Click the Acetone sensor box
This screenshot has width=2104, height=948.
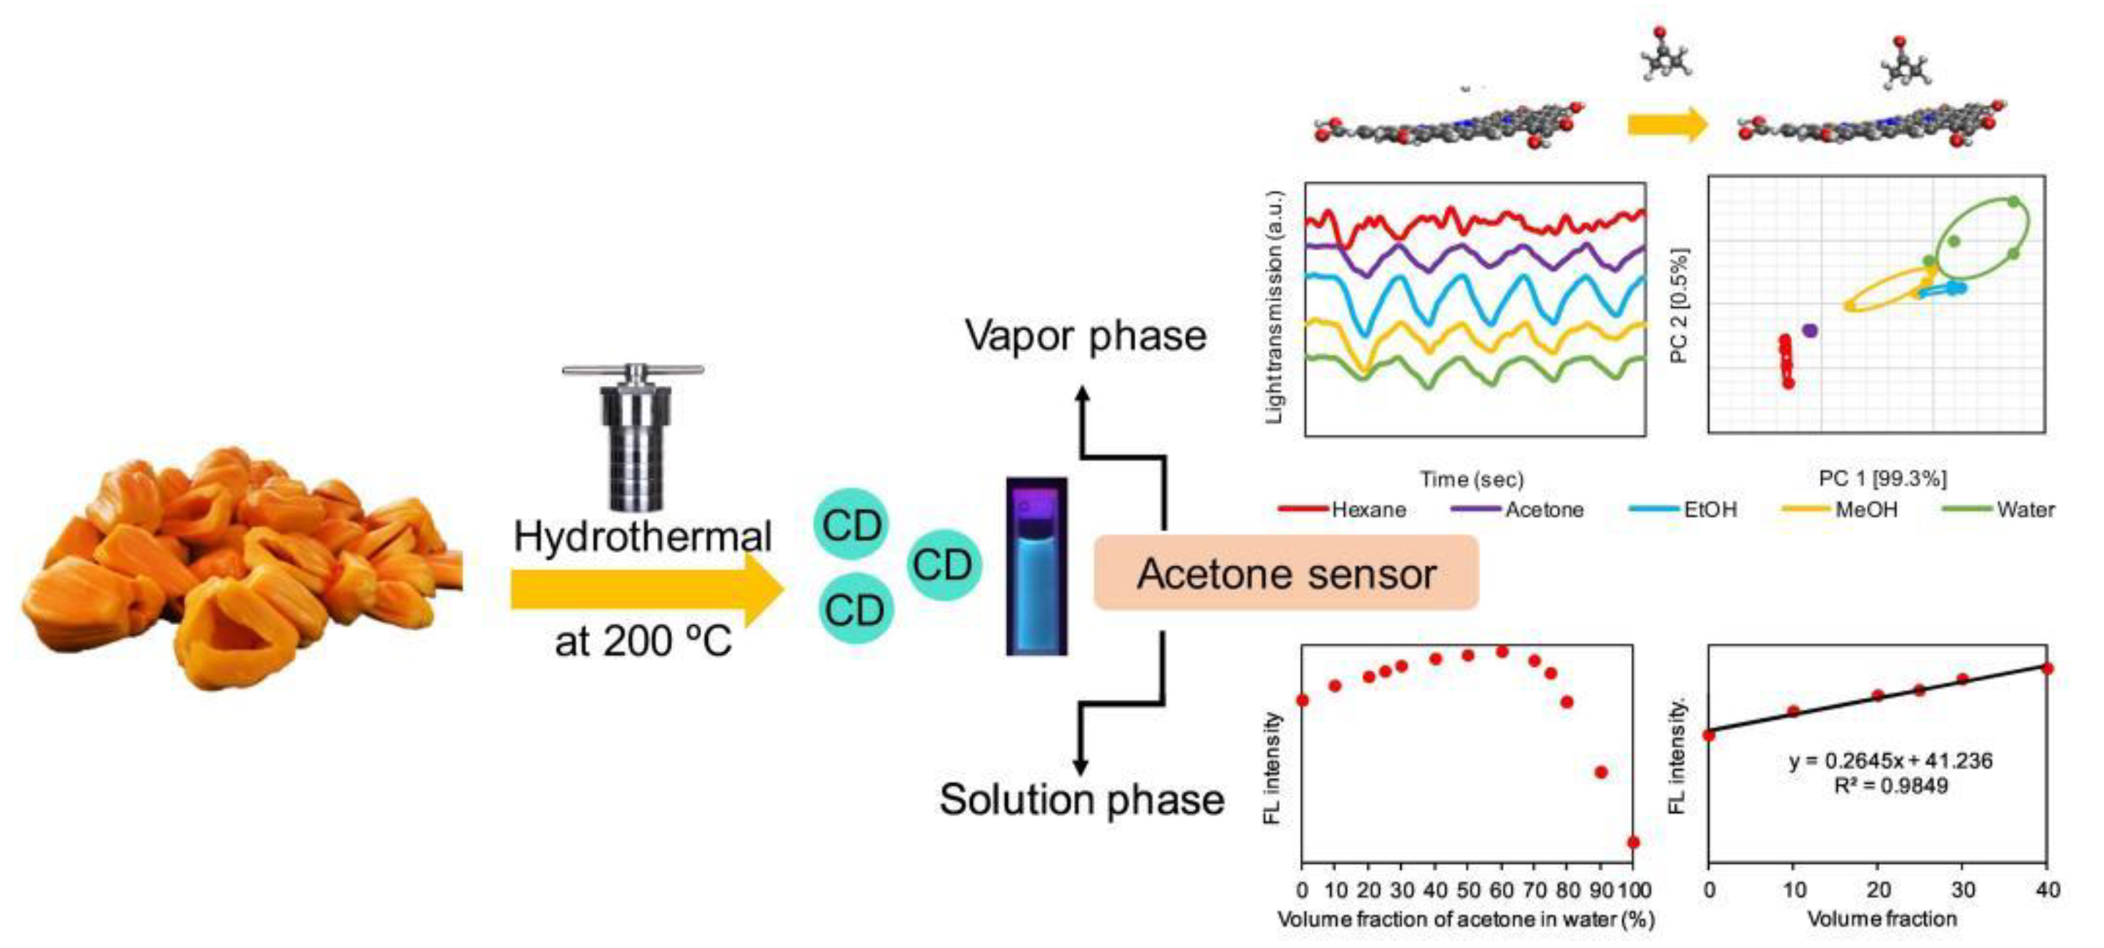tap(1286, 573)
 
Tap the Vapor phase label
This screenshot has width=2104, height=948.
tap(1085, 336)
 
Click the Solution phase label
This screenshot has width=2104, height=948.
tap(1081, 799)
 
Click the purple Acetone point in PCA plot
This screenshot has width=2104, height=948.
tap(1810, 330)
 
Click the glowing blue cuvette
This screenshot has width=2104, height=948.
tap(1036, 567)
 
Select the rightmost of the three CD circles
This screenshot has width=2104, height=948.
tap(943, 564)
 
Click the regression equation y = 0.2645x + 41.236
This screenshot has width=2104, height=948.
tap(1890, 761)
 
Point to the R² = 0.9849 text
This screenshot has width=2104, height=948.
tap(1890, 786)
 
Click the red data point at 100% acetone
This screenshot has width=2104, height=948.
tap(1633, 842)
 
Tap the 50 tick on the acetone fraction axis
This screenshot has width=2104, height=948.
tap(1468, 889)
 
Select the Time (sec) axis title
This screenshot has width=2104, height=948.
tap(1471, 479)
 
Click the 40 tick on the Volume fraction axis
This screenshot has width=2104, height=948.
tap(2047, 889)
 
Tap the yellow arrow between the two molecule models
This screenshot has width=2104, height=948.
tap(1667, 124)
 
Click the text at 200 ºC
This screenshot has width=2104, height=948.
tap(643, 642)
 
